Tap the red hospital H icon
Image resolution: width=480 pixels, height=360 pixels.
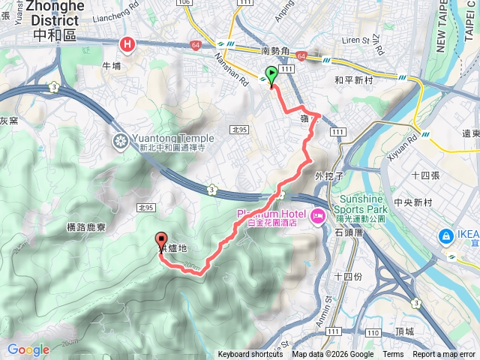tap(128, 46)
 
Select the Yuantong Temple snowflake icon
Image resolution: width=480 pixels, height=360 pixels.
tap(120, 140)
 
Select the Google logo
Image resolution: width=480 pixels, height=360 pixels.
tap(28, 349)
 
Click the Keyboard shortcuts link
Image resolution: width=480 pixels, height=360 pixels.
tap(250, 355)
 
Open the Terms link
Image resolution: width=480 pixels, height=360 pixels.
tap(393, 355)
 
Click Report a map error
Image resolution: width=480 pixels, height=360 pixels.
tap(444, 355)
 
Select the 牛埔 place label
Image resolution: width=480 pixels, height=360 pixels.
tap(112, 66)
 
